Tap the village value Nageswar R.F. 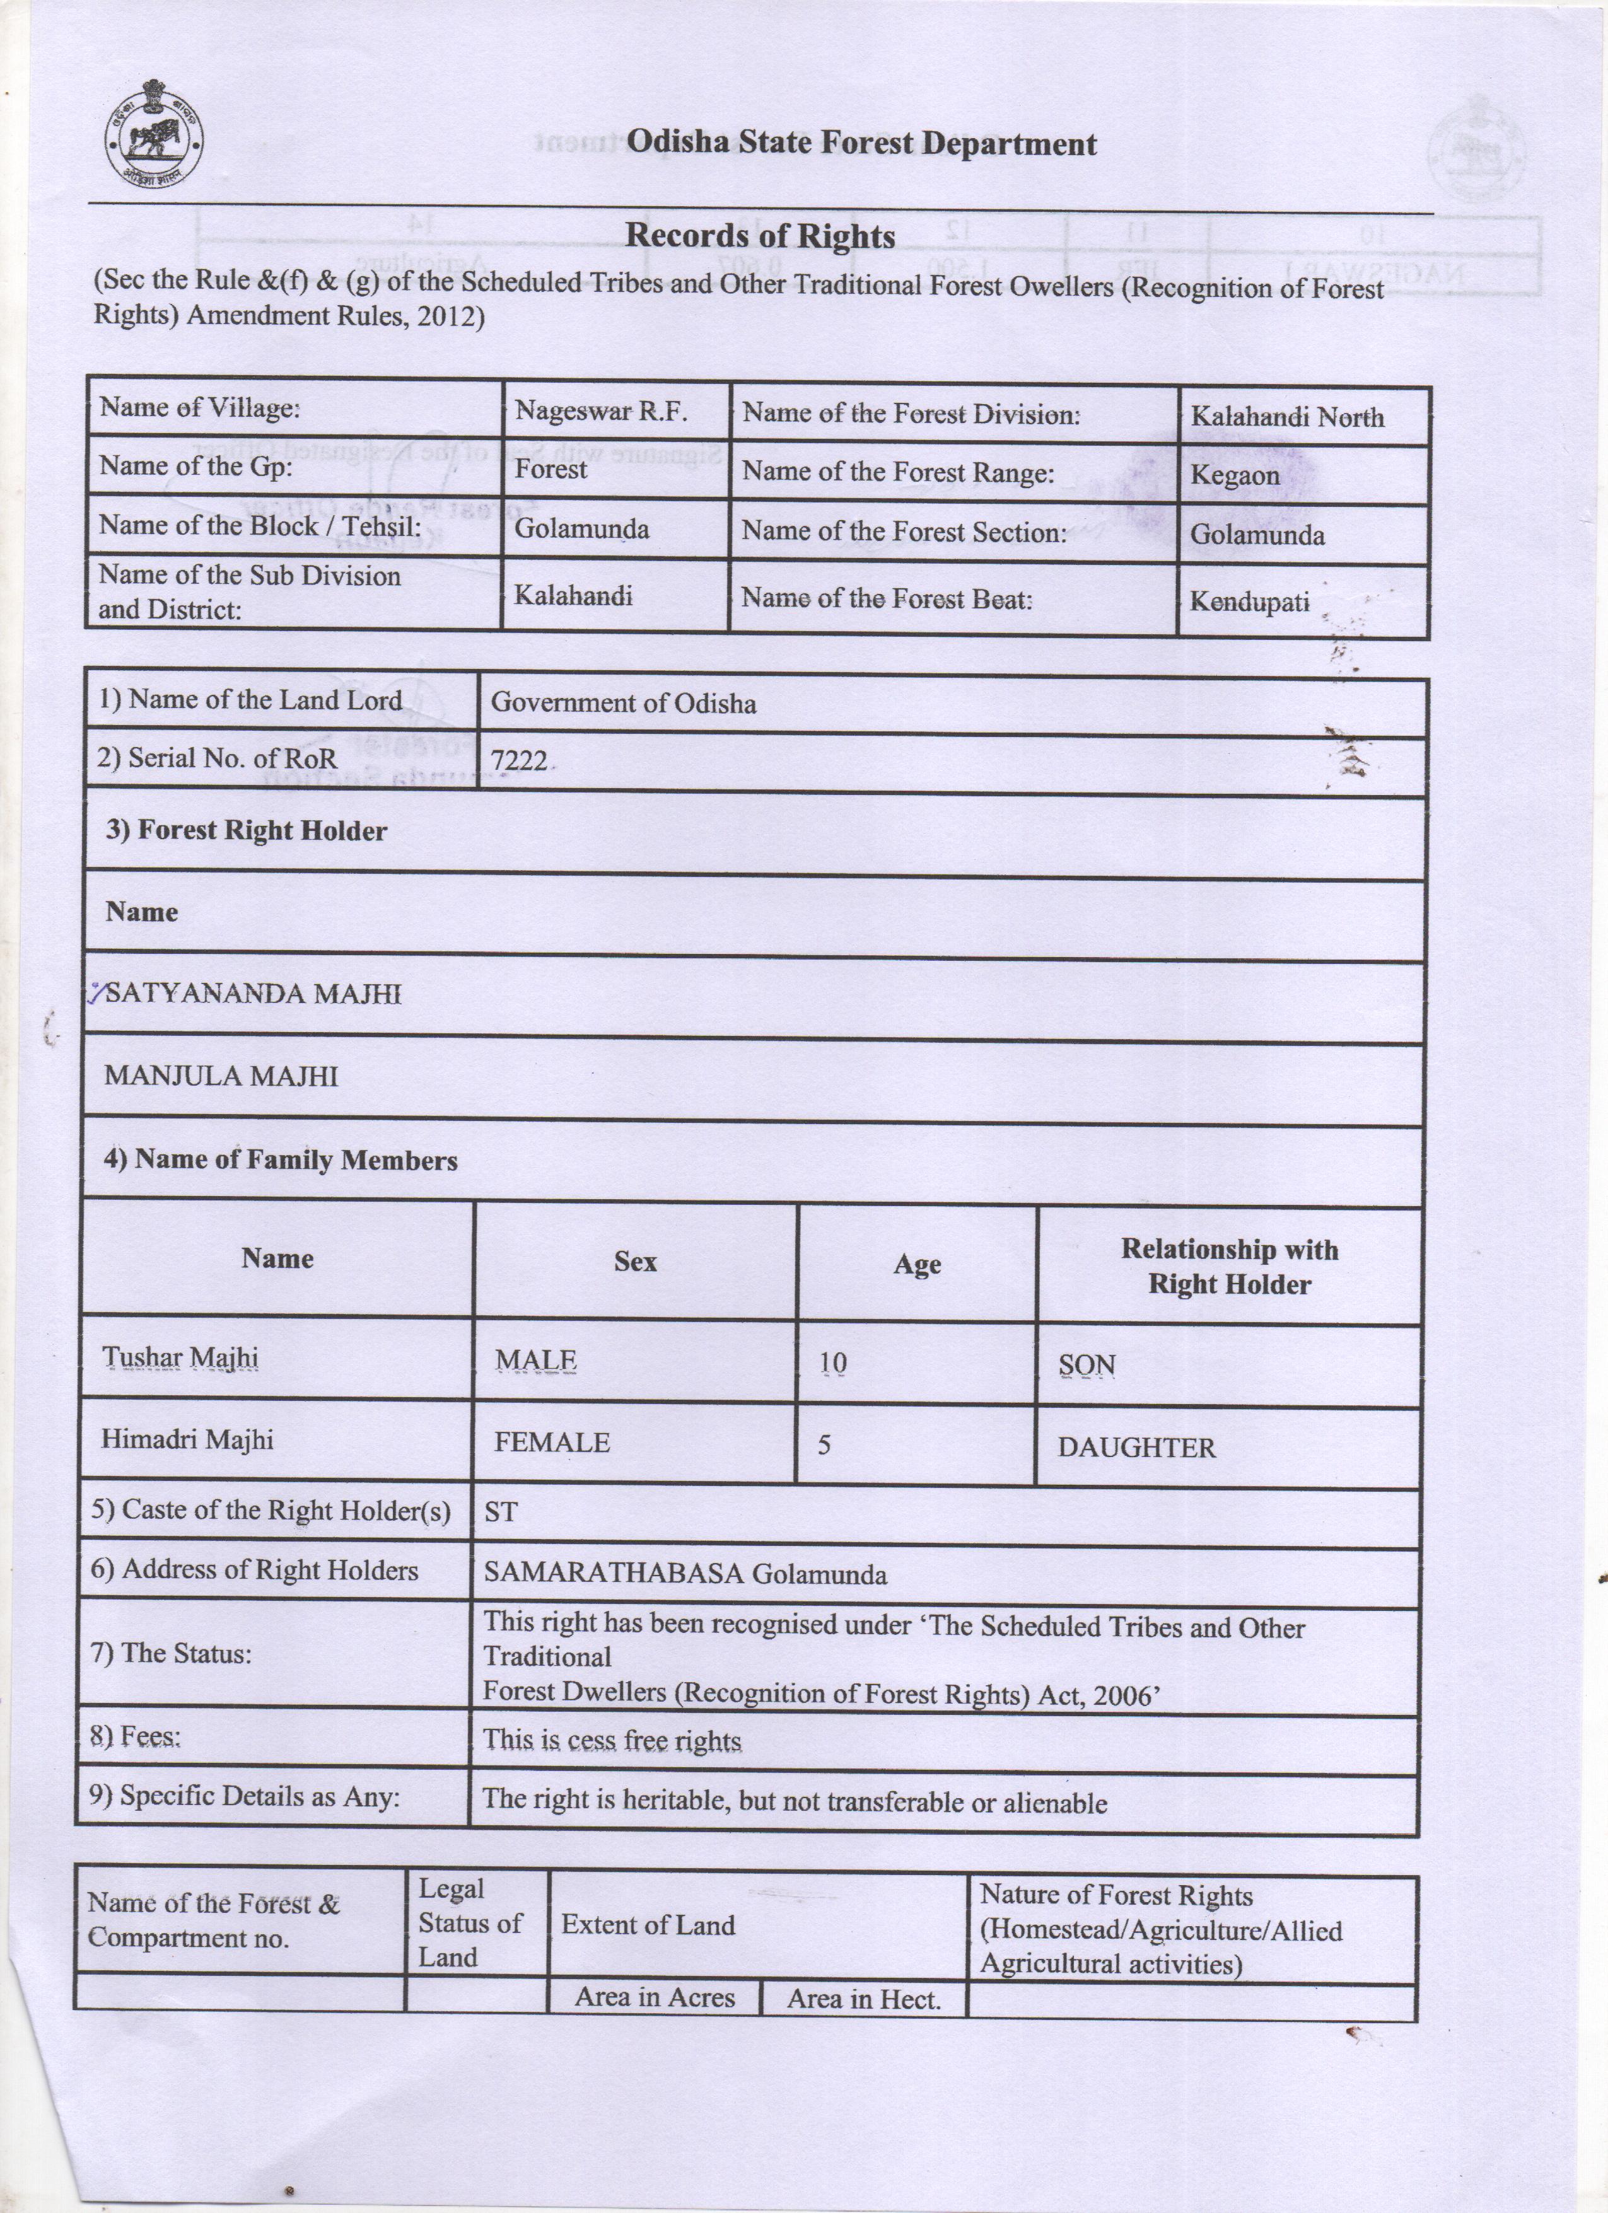pyautogui.click(x=600, y=411)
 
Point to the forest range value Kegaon pyautogui.click(x=1234, y=476)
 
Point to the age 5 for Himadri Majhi pyautogui.click(x=824, y=1444)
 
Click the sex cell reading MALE pyautogui.click(x=535, y=1360)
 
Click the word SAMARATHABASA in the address pyautogui.click(x=614, y=1573)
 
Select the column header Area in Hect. pyautogui.click(x=863, y=1999)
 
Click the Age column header pyautogui.click(x=917, y=1265)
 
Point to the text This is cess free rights pyautogui.click(x=612, y=1741)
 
